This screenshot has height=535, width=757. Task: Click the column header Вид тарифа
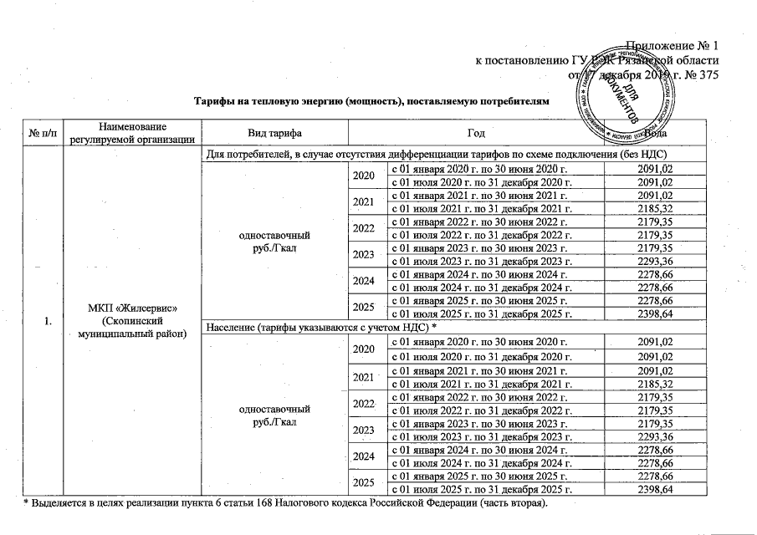click(x=275, y=133)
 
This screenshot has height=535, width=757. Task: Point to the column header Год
click(x=465, y=133)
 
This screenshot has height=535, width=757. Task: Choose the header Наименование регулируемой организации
click(x=133, y=133)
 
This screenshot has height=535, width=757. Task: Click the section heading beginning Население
click(x=335, y=326)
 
